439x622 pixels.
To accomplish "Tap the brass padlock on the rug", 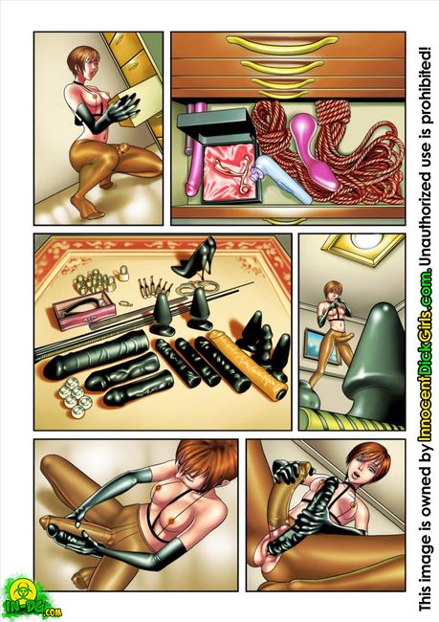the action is pos(124,272).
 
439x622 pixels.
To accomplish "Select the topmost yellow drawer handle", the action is pos(283,42).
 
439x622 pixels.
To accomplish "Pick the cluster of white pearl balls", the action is pos(75,402).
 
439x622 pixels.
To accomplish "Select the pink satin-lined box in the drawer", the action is pos(230,169).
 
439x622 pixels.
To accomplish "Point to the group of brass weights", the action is pos(96,280).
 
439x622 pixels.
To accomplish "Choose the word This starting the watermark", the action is pos(425,599).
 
